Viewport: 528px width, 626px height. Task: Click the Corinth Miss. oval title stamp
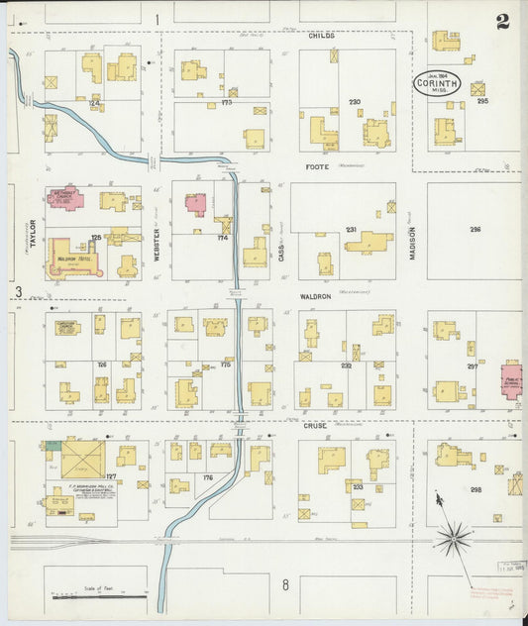tap(436, 83)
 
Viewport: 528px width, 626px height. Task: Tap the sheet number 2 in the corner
tap(503, 21)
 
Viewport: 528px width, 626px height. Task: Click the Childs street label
tap(322, 35)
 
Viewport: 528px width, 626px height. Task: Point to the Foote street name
tap(317, 166)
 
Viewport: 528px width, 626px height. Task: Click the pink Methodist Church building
tap(66, 199)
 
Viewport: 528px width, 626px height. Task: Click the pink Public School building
tap(511, 380)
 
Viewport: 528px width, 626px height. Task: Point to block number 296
tap(475, 230)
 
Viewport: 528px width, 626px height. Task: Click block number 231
tap(350, 230)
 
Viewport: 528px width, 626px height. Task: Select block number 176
tap(207, 478)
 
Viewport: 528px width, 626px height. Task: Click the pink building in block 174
tap(196, 204)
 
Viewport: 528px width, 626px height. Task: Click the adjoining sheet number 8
tap(285, 584)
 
